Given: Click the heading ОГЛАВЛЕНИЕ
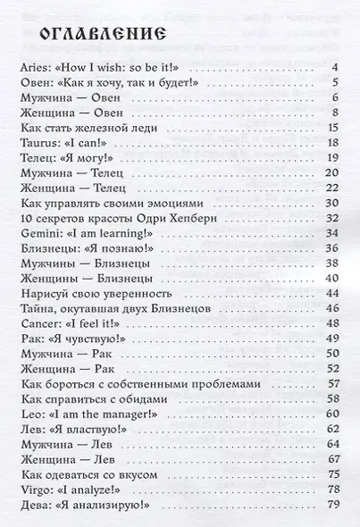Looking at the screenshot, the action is (x=98, y=36).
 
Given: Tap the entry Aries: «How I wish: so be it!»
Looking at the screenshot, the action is (x=104, y=68).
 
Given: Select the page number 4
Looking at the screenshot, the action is (x=332, y=68).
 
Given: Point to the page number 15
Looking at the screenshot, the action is (x=331, y=129).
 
